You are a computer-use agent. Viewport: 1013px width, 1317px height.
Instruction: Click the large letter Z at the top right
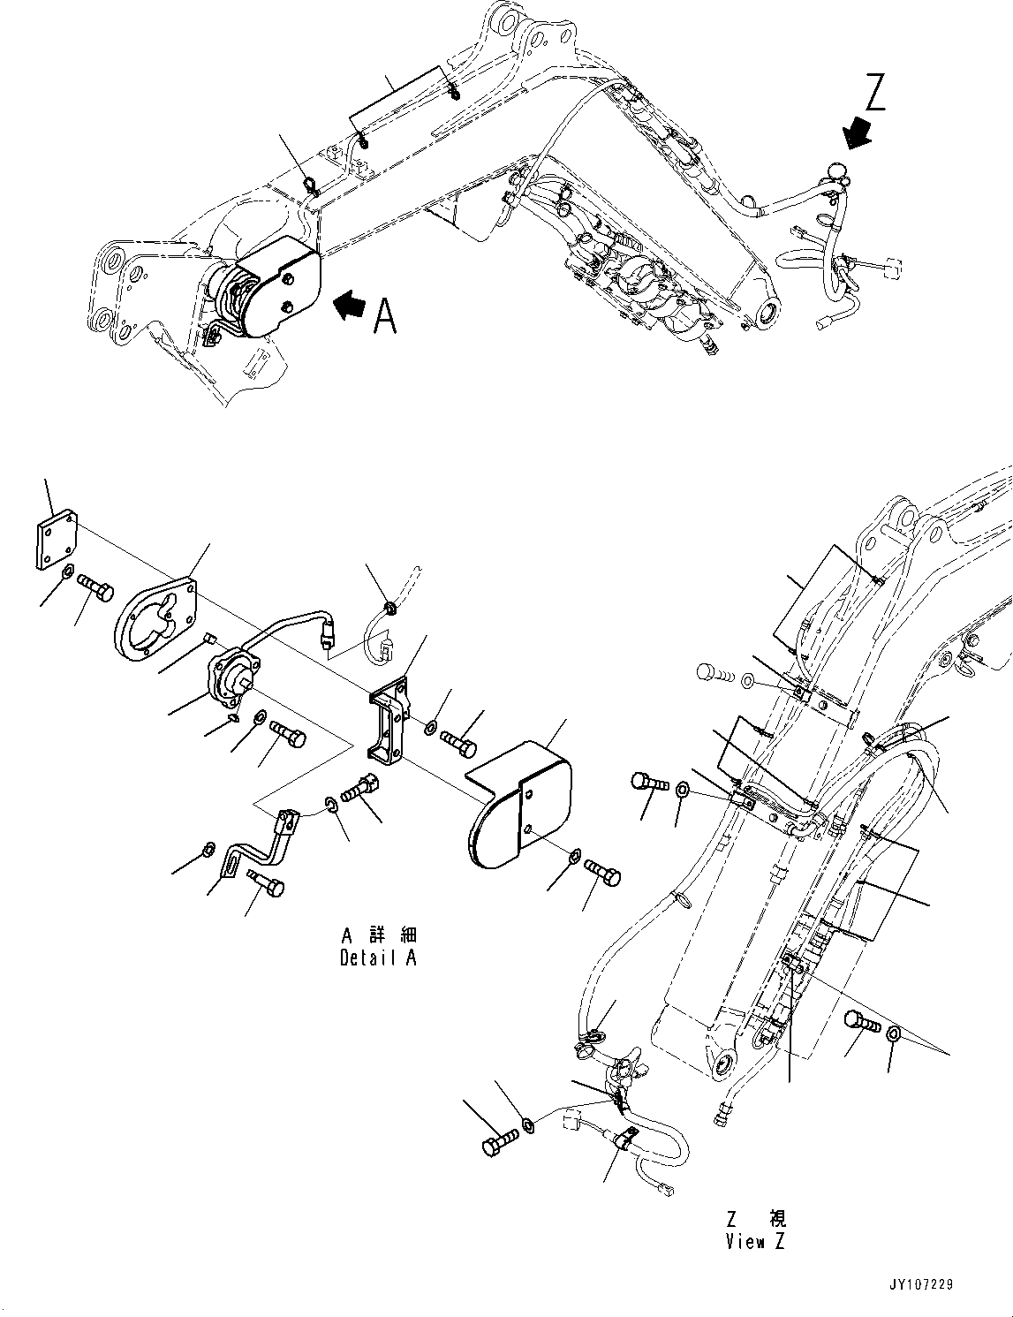[875, 92]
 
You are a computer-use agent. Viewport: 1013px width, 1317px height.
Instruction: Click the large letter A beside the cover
[385, 315]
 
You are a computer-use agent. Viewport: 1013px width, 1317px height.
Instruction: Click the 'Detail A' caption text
[378, 957]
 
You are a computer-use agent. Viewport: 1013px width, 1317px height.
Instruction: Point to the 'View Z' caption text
[755, 1241]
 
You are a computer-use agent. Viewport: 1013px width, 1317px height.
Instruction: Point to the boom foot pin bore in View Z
[721, 1063]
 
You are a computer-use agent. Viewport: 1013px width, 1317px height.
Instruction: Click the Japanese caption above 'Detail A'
[378, 935]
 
